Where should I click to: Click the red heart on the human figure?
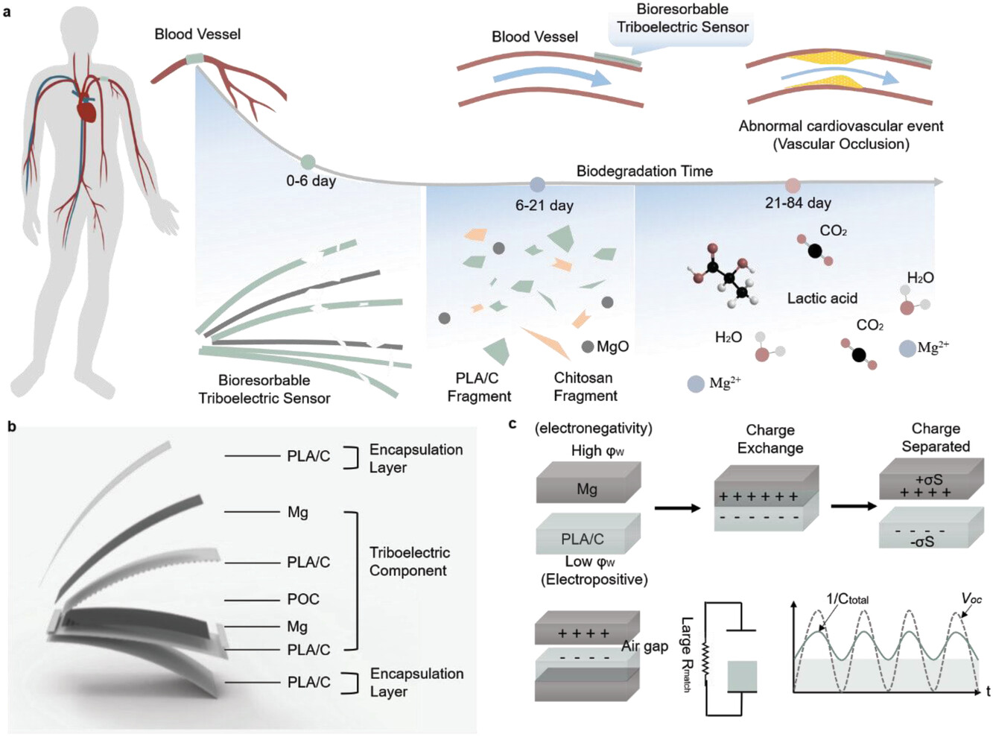tap(88, 110)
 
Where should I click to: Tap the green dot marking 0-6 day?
tap(308, 162)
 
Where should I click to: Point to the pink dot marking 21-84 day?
tap(793, 186)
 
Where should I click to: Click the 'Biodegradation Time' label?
tap(644, 171)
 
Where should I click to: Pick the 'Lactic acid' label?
tap(822, 298)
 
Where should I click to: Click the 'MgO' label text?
tap(612, 347)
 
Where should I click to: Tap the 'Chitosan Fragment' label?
tap(585, 387)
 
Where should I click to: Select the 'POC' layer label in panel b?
tap(303, 599)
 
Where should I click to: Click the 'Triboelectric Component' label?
tap(409, 561)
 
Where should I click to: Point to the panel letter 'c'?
tap(512, 424)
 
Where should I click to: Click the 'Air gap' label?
tap(644, 646)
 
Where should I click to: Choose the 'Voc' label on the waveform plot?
tap(971, 598)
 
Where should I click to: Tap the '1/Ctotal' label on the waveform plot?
tap(847, 599)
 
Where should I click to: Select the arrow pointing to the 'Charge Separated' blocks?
tap(854, 506)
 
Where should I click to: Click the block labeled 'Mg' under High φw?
tap(588, 489)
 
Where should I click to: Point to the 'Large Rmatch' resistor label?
tap(686, 654)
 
